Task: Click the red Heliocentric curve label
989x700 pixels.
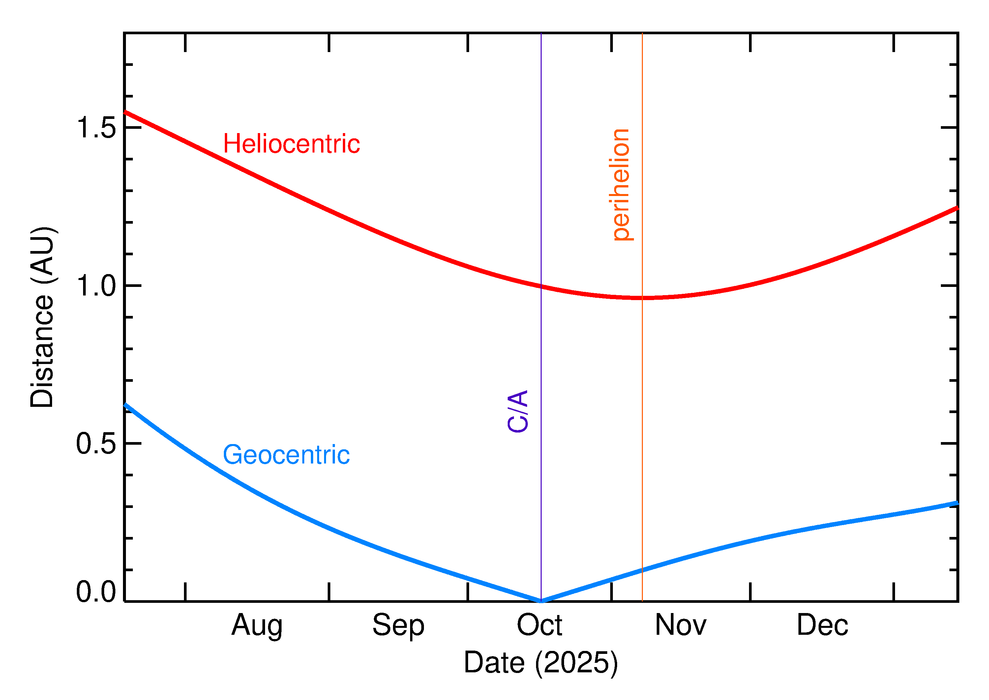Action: click(x=291, y=144)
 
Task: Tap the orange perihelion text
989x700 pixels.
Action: click(x=621, y=184)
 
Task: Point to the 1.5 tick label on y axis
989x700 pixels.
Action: click(x=96, y=128)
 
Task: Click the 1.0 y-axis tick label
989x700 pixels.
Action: click(x=96, y=286)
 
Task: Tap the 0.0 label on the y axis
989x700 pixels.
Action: click(x=96, y=592)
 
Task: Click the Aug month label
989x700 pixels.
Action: click(x=257, y=626)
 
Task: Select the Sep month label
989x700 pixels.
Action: click(x=398, y=626)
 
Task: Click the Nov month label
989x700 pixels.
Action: click(x=681, y=626)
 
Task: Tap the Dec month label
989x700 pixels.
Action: click(x=822, y=626)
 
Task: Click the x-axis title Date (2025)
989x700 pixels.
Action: click(x=540, y=662)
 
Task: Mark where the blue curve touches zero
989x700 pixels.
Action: click(x=541, y=601)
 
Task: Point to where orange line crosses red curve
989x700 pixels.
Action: click(x=642, y=298)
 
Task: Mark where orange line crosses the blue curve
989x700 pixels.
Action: click(x=642, y=570)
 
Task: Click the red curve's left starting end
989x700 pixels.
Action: click(x=125, y=112)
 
